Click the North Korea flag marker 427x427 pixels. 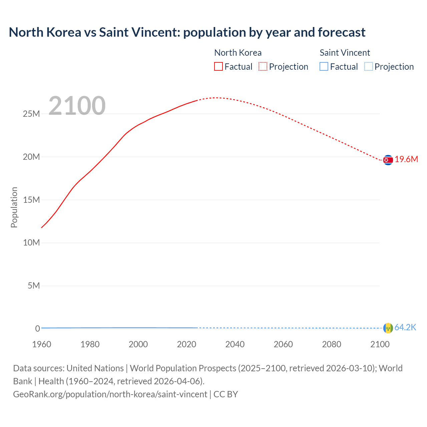click(x=388, y=160)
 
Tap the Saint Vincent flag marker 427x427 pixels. click(x=388, y=328)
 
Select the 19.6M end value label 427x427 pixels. click(x=406, y=159)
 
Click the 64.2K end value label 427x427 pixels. click(x=405, y=328)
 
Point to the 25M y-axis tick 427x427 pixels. click(x=31, y=114)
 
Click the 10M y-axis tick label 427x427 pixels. click(x=31, y=243)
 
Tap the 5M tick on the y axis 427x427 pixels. click(x=34, y=286)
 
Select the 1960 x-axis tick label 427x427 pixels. click(x=42, y=344)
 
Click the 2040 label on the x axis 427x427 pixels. click(x=235, y=344)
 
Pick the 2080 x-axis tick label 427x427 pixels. click(x=332, y=344)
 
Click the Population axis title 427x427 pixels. click(x=14, y=207)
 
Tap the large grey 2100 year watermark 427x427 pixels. click(x=77, y=106)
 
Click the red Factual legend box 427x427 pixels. click(x=219, y=66)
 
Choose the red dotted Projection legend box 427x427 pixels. click(x=263, y=66)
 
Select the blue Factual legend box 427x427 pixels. click(x=324, y=66)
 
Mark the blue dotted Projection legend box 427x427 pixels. click(x=368, y=66)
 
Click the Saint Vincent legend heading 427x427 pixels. click(x=345, y=53)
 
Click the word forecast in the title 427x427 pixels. click(x=342, y=32)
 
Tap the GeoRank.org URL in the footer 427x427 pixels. click(x=110, y=394)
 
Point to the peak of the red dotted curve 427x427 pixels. click(x=216, y=98)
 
